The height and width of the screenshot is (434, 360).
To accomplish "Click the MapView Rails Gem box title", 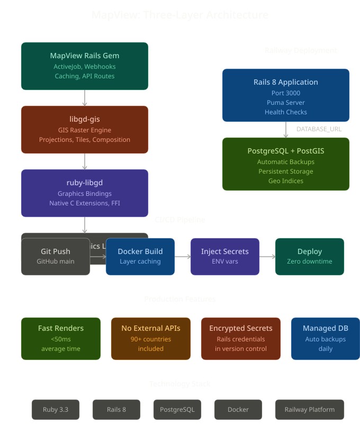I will pyautogui.click(x=85, y=56).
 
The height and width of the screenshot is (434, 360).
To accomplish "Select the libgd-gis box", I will pyautogui.click(x=85, y=130).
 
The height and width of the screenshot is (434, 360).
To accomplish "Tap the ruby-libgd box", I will pyautogui.click(x=85, y=193).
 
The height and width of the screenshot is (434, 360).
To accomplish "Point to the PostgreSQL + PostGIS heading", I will pyautogui.click(x=286, y=151).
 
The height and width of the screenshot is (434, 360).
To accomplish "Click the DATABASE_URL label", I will pyautogui.click(x=319, y=129).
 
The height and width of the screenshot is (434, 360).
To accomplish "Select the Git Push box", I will pyautogui.click(x=56, y=257).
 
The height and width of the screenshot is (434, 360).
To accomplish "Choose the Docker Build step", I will pyautogui.click(x=140, y=257).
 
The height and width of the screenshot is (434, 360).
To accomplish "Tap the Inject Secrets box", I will pyautogui.click(x=225, y=257).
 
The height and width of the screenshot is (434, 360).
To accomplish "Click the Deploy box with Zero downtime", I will pyautogui.click(x=310, y=257).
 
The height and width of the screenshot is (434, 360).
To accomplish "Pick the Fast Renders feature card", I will pyautogui.click(x=61, y=339).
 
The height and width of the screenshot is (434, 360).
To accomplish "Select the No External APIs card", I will pyautogui.click(x=151, y=339).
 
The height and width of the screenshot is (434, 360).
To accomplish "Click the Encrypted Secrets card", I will pyautogui.click(x=241, y=339).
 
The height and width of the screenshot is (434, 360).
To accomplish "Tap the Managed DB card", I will pyautogui.click(x=326, y=339).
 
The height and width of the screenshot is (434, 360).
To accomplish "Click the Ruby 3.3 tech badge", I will pyautogui.click(x=56, y=410).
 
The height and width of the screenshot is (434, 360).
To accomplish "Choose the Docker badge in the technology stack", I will pyautogui.click(x=238, y=410).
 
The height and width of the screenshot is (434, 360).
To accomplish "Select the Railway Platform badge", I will pyautogui.click(x=310, y=410).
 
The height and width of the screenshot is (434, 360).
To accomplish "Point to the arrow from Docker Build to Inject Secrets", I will pyautogui.click(x=183, y=257).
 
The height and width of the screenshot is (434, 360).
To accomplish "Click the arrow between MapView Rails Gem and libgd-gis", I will pyautogui.click(x=85, y=98).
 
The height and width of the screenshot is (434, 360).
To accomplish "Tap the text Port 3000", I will pyautogui.click(x=286, y=93).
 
